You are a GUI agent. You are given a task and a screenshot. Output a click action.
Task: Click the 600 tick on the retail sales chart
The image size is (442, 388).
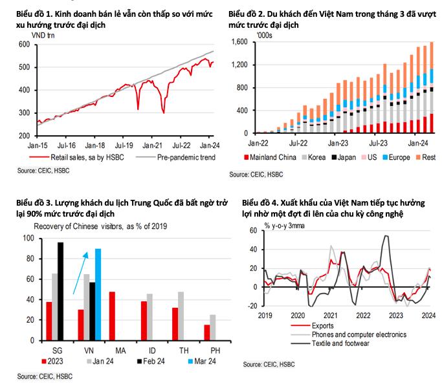(x=24, y=45)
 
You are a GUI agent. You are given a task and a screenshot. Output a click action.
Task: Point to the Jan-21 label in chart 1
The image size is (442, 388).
(x=151, y=145)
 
